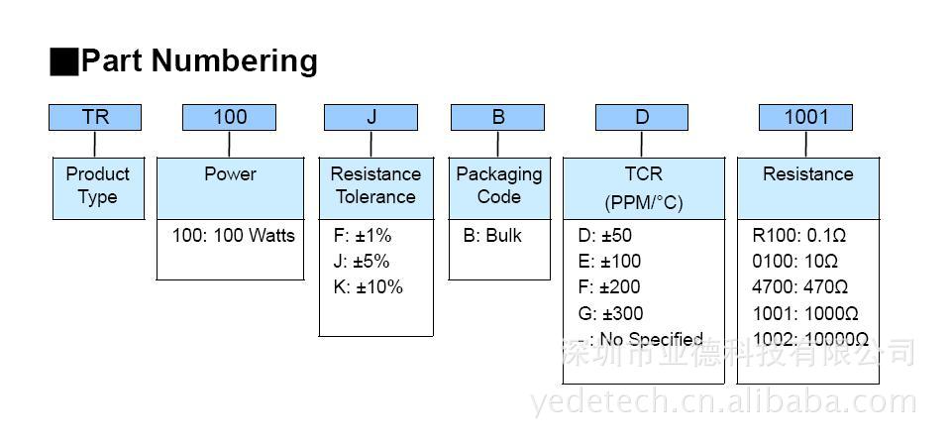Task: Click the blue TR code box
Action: (95, 117)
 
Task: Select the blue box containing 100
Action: (229, 117)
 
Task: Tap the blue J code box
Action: (370, 117)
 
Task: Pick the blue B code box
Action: (497, 117)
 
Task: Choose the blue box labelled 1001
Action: (805, 117)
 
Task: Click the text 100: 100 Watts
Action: (234, 235)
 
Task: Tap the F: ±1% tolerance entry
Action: (363, 235)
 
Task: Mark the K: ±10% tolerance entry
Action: (368, 286)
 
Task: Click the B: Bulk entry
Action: (492, 235)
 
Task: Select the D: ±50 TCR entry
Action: (604, 235)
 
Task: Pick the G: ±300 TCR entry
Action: (610, 313)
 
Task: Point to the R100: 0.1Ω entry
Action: (799, 235)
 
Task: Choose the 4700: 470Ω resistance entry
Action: (800, 286)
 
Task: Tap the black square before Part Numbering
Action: (63, 61)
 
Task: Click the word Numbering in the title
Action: (234, 61)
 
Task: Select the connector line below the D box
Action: (642, 144)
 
